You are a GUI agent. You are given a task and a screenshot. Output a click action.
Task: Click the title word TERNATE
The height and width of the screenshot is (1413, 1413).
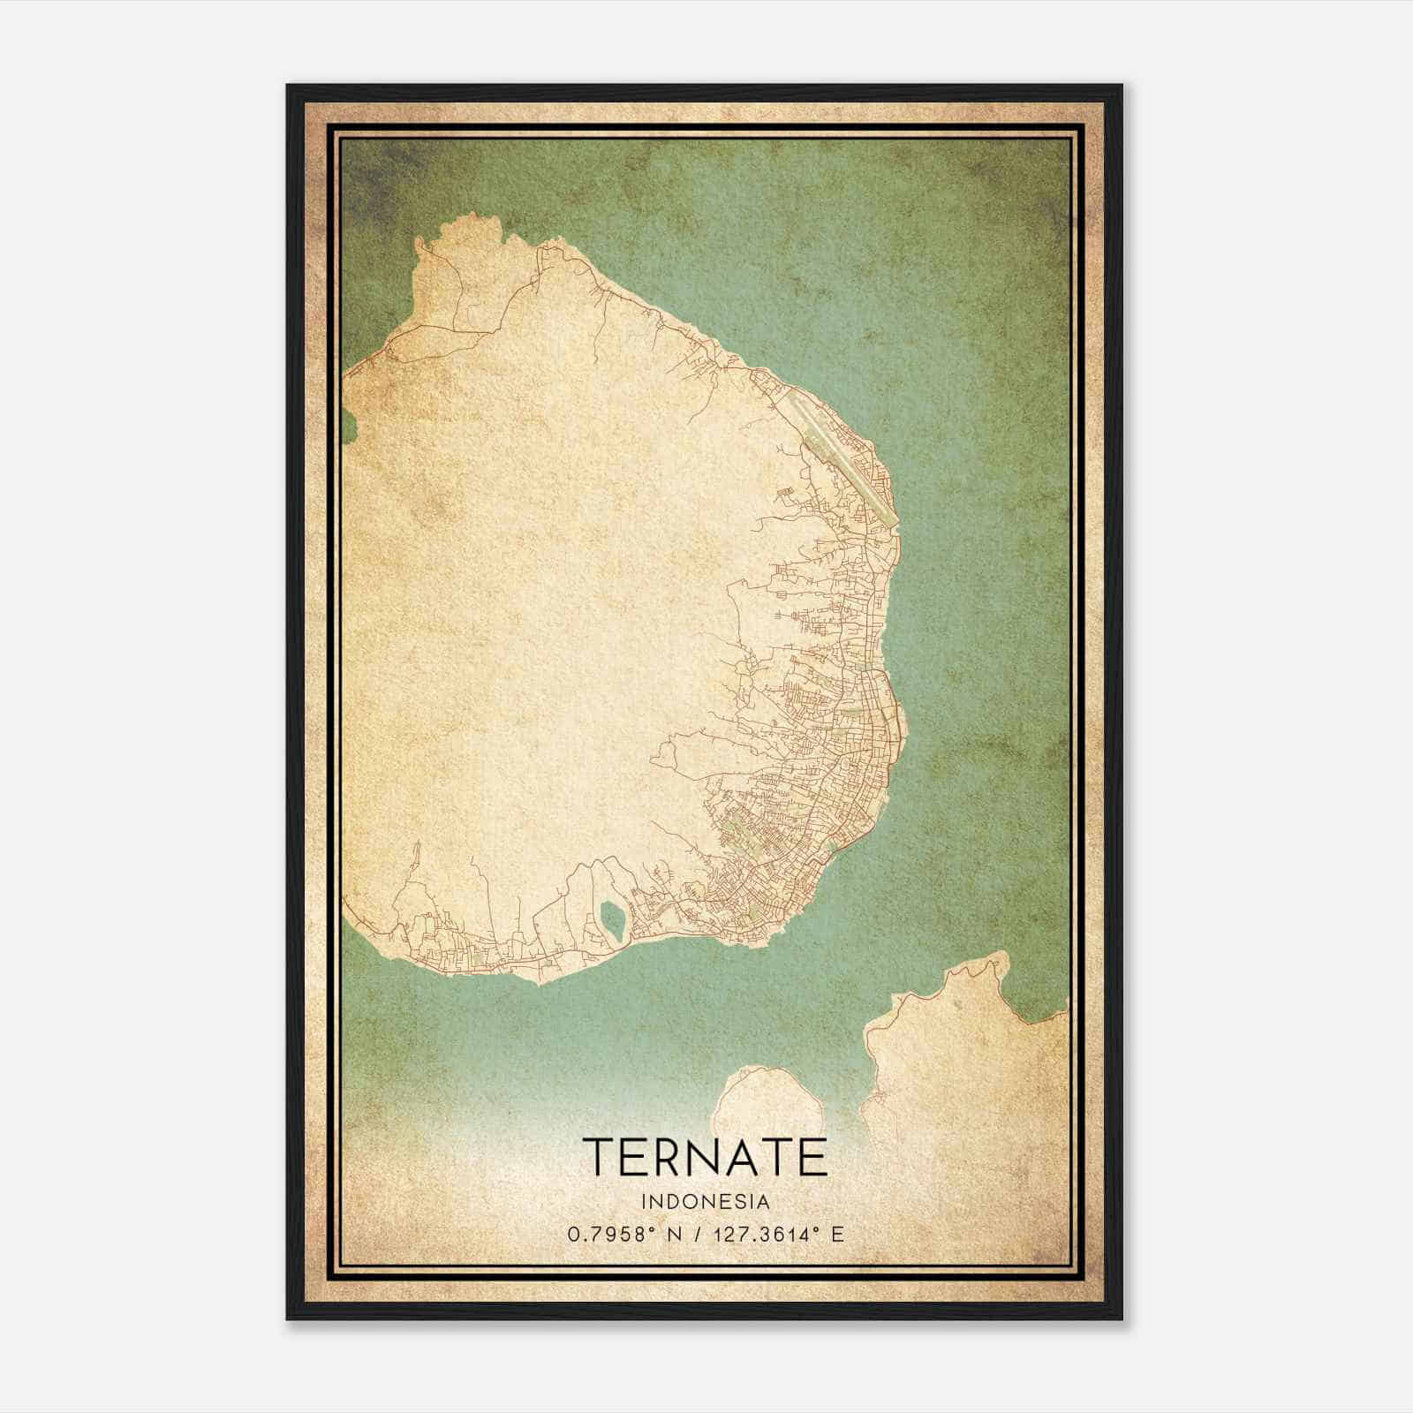[x=705, y=1157]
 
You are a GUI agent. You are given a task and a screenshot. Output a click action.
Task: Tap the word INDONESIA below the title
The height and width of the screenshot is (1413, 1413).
[x=706, y=1202]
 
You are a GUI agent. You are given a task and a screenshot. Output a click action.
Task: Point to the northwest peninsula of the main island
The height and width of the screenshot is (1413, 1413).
[x=459, y=265]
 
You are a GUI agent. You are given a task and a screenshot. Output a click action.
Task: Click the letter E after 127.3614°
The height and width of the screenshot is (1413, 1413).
[x=837, y=1233]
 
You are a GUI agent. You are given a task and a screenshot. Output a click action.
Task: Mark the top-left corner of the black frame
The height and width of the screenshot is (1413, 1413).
[x=288, y=87]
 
